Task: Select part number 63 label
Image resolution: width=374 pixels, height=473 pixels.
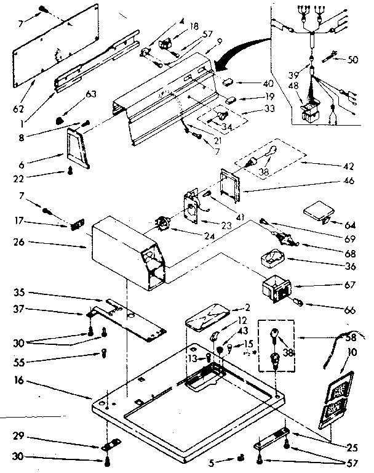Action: pos(92,94)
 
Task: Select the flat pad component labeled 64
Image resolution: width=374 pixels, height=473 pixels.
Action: pos(319,211)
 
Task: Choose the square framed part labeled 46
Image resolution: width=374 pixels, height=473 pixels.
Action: pos(231,185)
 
